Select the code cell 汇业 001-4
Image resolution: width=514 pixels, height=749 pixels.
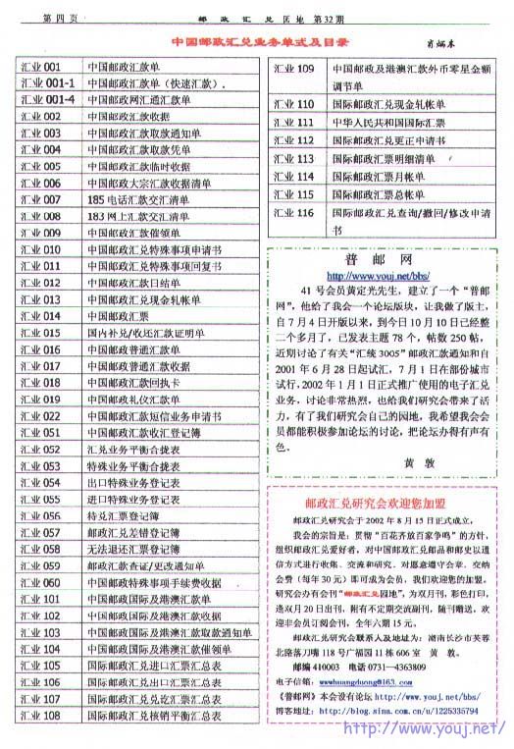(x=47, y=100)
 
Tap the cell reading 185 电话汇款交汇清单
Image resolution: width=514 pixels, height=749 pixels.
(x=137, y=198)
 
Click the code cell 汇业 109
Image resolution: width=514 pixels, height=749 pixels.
(x=292, y=69)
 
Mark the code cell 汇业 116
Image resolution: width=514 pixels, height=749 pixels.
(x=292, y=212)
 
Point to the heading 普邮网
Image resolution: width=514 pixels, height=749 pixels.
(x=378, y=259)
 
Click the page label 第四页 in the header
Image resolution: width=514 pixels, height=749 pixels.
(x=65, y=18)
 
